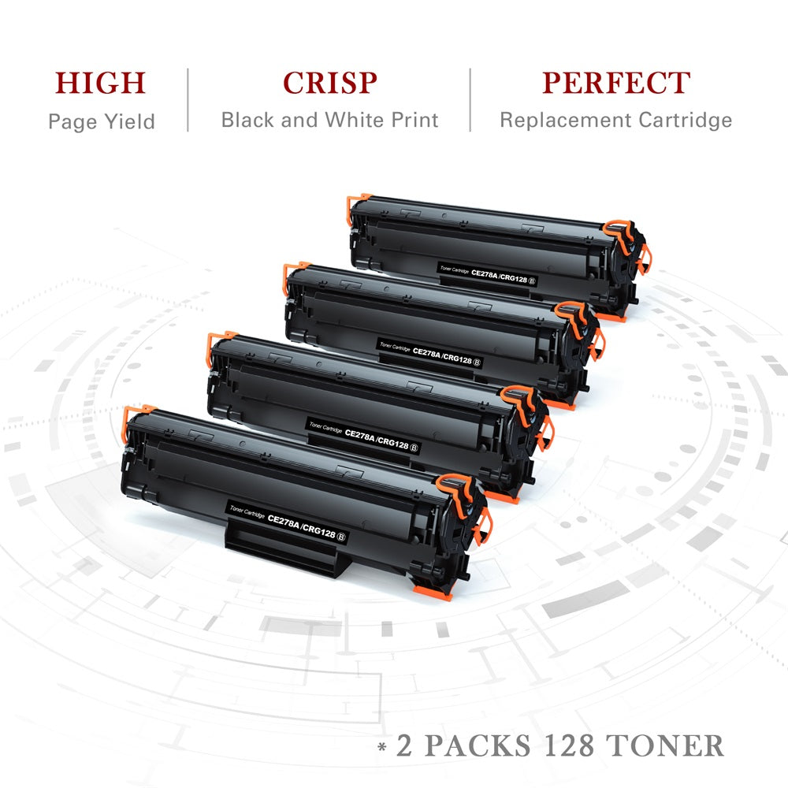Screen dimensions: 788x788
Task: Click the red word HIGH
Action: (101, 84)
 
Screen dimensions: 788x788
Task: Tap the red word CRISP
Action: (329, 84)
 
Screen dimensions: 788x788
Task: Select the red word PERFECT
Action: (615, 84)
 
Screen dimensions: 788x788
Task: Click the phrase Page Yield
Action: (101, 121)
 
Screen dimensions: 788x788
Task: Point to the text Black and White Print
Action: (329, 121)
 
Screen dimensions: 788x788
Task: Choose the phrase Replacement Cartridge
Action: (615, 121)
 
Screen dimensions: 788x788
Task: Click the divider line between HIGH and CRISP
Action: (188, 100)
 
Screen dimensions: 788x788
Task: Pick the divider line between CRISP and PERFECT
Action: (470, 100)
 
